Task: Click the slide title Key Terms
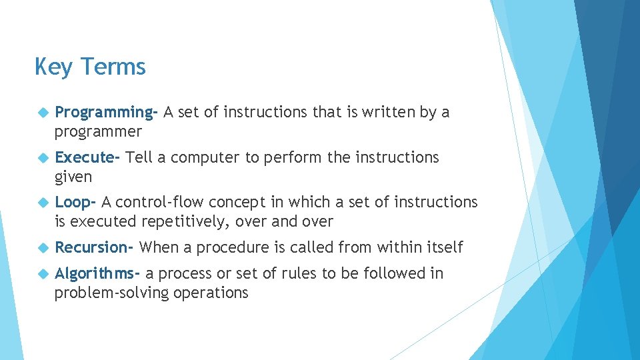(90, 67)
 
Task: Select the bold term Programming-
(106, 113)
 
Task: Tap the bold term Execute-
(87, 157)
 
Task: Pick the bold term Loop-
(76, 202)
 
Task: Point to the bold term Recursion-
(95, 247)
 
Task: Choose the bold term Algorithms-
(97, 273)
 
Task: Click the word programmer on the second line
(98, 132)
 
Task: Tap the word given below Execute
(73, 177)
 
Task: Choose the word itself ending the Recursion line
(443, 247)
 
